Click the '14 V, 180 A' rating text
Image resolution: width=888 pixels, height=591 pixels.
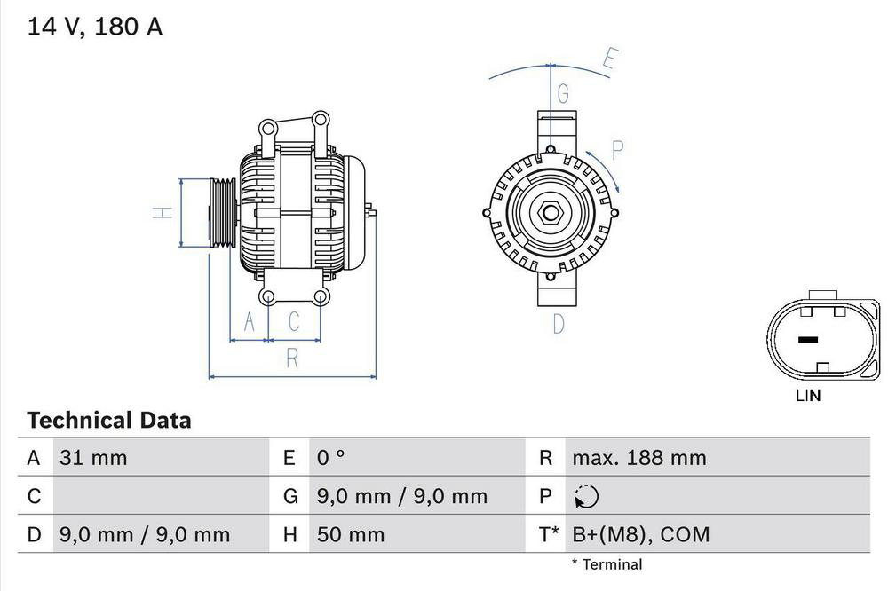[x=95, y=27]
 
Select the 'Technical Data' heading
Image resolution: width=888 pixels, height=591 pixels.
[x=108, y=420]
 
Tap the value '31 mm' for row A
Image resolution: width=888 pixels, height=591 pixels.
[x=93, y=458]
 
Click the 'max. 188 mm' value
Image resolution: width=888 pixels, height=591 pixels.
[x=638, y=458]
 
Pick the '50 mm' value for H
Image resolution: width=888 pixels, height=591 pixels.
[x=351, y=534]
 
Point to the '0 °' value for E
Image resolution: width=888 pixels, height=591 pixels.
[x=330, y=458]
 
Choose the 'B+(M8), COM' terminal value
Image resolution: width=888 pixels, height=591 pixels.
[x=640, y=534]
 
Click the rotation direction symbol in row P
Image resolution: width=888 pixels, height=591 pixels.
[x=587, y=497]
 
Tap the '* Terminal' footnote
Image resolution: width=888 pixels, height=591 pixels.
[x=607, y=564]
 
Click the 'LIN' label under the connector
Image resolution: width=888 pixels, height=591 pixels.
[x=808, y=396]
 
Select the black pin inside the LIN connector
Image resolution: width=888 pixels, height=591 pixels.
[x=807, y=340]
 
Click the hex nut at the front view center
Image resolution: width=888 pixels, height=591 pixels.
[x=549, y=213]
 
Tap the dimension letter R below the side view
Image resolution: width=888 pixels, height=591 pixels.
[x=291, y=359]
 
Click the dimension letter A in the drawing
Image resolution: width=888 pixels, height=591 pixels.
[x=250, y=323]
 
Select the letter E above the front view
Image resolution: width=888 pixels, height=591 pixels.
[x=608, y=60]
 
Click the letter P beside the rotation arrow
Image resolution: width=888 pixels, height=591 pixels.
[x=619, y=150]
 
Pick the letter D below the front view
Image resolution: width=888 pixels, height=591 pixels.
[x=558, y=324]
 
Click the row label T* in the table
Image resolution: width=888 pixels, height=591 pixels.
[x=548, y=534]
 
